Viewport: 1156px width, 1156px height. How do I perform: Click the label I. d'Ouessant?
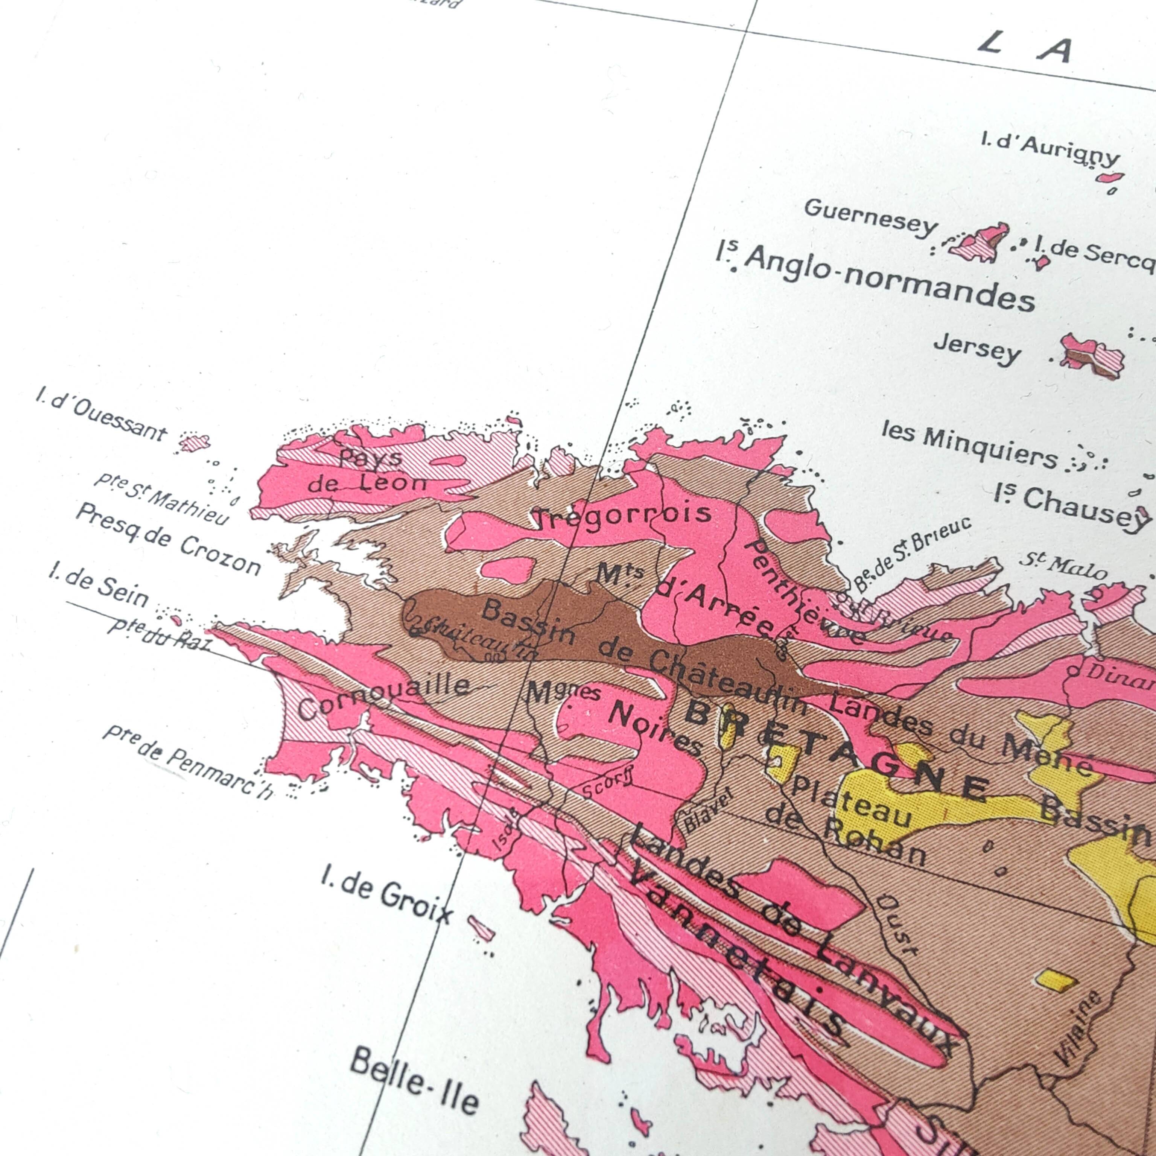point(100,414)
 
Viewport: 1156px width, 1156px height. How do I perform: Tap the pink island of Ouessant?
point(195,443)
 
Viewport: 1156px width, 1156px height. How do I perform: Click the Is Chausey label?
point(1071,506)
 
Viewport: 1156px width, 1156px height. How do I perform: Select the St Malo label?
point(1062,566)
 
